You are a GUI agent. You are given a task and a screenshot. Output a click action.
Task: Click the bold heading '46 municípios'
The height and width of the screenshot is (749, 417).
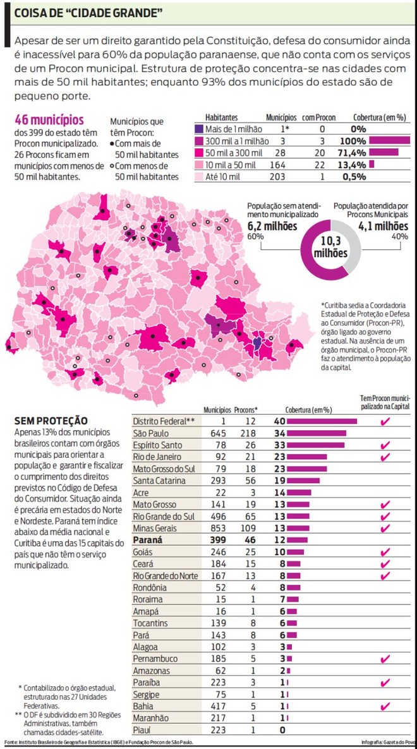click(x=49, y=119)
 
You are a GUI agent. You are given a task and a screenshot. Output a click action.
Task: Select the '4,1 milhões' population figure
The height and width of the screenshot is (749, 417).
click(x=383, y=225)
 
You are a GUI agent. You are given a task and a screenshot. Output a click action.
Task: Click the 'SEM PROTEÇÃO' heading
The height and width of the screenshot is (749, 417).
click(x=43, y=421)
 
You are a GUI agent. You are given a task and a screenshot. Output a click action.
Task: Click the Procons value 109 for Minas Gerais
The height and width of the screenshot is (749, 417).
click(x=249, y=529)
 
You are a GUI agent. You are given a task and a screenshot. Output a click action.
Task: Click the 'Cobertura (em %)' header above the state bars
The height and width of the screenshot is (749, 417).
click(x=308, y=409)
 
